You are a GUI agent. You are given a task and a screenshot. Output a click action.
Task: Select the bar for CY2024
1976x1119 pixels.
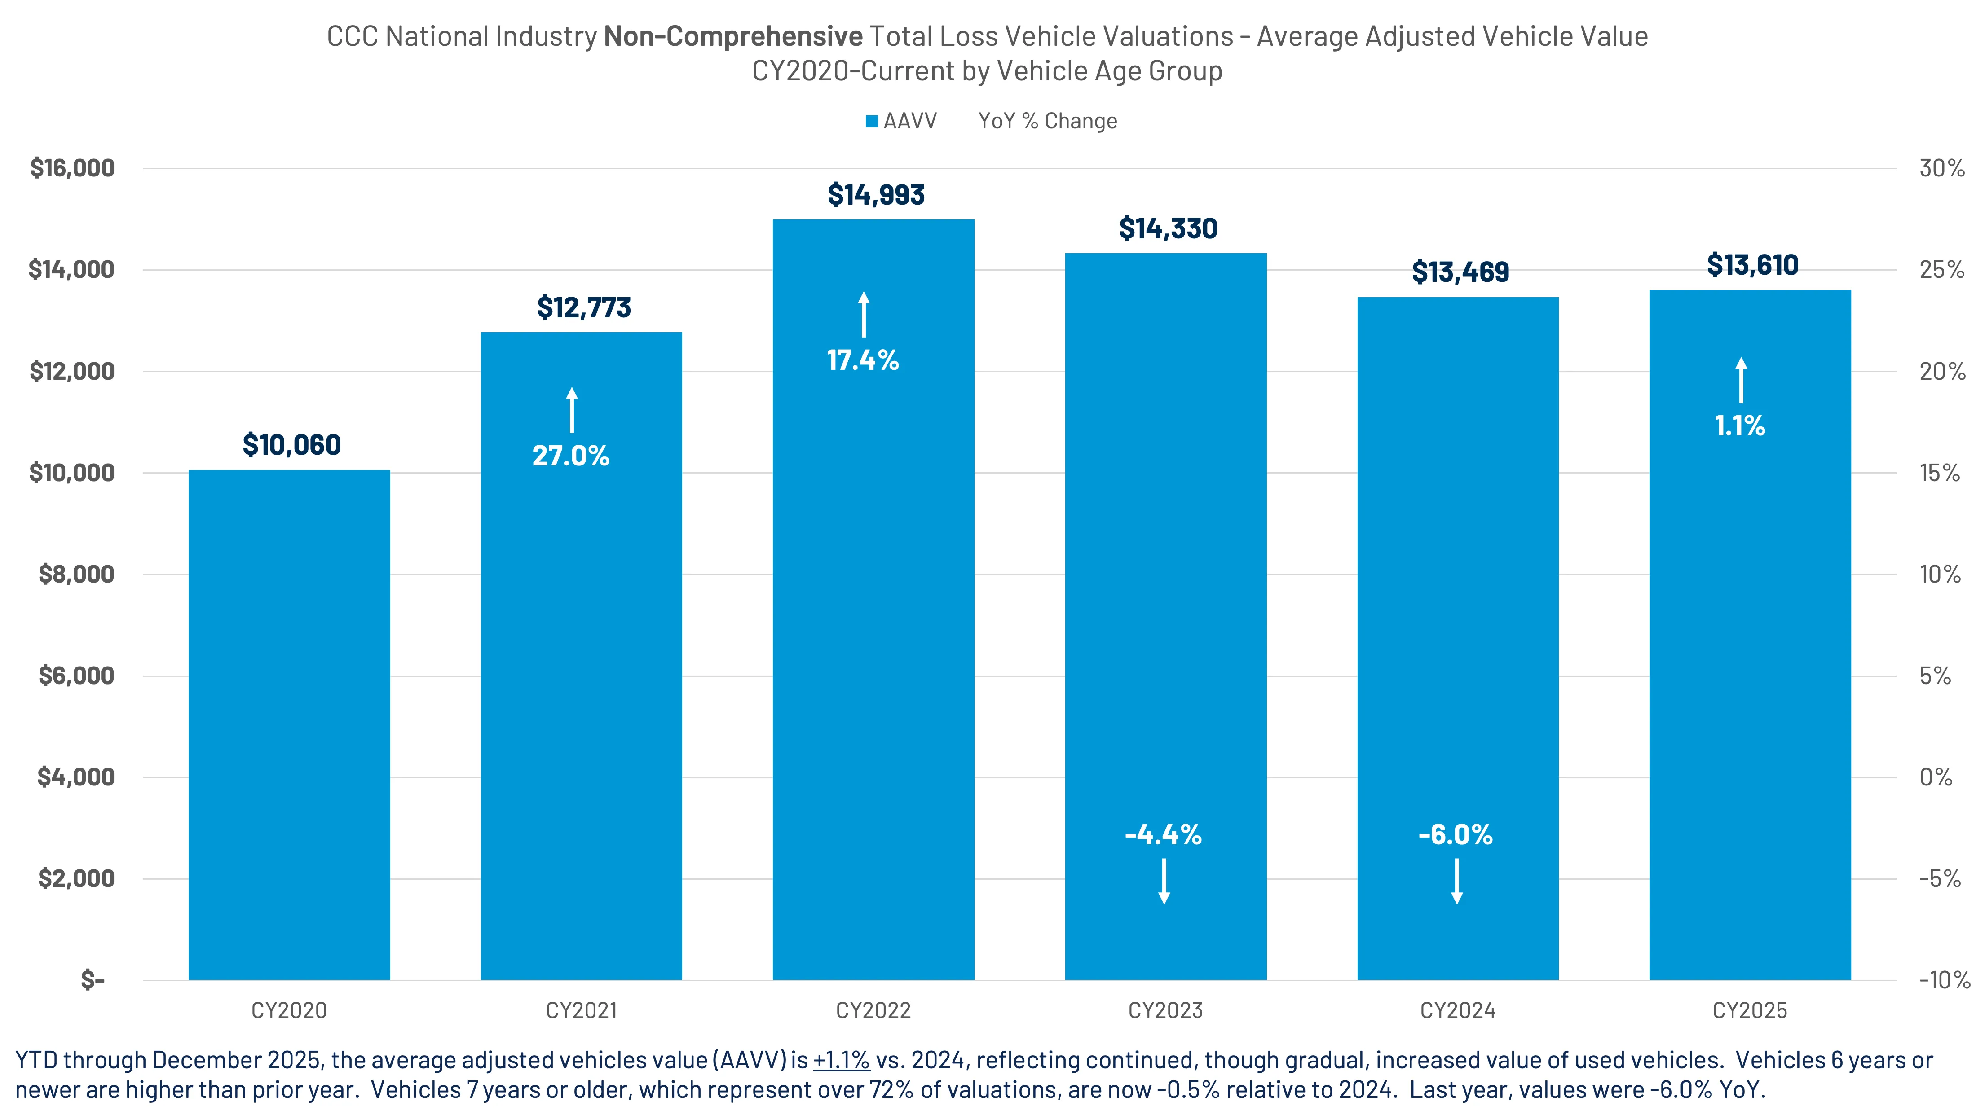click(1458, 638)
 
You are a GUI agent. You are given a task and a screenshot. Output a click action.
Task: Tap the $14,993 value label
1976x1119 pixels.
click(876, 195)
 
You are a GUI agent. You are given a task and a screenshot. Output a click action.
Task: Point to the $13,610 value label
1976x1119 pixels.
click(1752, 265)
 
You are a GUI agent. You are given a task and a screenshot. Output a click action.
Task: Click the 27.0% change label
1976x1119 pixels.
click(570, 456)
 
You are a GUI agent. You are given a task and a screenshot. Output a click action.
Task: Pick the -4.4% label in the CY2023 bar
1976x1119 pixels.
click(1163, 834)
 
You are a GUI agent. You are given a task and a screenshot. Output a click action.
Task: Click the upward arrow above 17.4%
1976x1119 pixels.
click(864, 315)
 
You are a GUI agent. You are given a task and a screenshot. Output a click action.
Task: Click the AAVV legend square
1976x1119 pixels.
click(872, 122)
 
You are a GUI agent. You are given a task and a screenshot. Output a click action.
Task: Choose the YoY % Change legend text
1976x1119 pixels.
click(1047, 122)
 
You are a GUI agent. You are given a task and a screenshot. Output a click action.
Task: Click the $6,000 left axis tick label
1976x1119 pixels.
click(76, 676)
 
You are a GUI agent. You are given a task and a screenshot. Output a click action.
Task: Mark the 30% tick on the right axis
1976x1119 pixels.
click(1941, 168)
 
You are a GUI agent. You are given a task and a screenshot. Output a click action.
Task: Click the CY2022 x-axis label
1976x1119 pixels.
click(873, 1010)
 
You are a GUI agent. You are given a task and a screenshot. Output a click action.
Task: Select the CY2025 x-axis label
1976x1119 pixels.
click(1750, 1010)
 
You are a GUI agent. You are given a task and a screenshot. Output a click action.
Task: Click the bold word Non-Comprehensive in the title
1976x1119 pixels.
click(733, 36)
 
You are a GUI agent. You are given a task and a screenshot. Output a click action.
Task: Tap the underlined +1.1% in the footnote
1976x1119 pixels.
click(841, 1061)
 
